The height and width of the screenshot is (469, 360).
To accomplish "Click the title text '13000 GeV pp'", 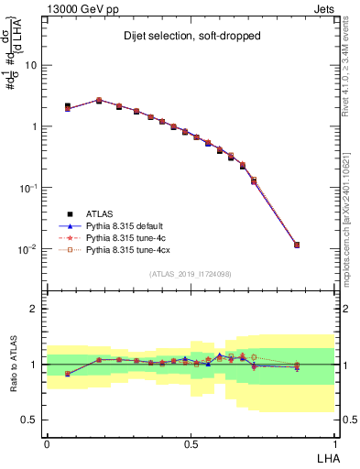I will pyautogui.click(x=77, y=9).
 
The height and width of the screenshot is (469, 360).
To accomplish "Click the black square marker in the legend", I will pyautogui.click(x=69, y=213).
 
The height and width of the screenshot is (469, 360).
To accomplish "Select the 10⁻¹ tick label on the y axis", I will pyautogui.click(x=29, y=188).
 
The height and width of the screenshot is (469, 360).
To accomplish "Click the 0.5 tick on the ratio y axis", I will pyautogui.click(x=32, y=420).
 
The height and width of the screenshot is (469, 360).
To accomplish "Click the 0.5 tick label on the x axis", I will pyautogui.click(x=191, y=443).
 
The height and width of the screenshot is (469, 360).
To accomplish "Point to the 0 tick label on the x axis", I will pyautogui.click(x=47, y=443).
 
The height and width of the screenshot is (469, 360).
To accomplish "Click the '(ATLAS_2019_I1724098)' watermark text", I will pyautogui.click(x=191, y=274).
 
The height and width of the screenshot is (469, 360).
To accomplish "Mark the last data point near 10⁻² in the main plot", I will pyautogui.click(x=296, y=245).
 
